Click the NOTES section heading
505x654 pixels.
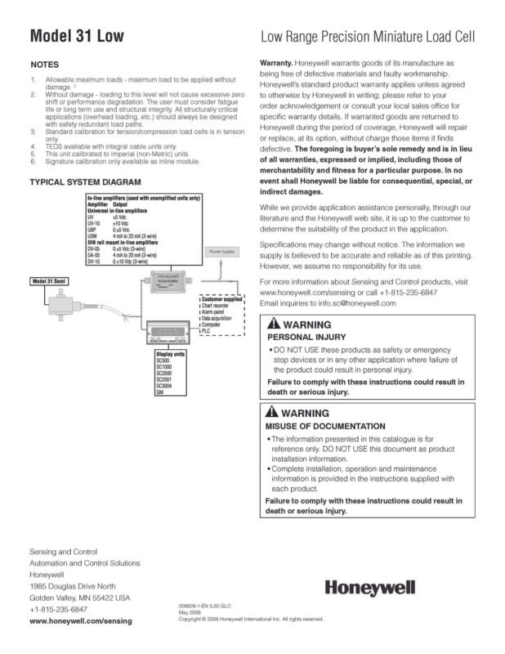pos(43,64)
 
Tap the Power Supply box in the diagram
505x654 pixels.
pos(221,252)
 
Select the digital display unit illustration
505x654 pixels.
pos(170,334)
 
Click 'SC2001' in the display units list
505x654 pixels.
pos(164,379)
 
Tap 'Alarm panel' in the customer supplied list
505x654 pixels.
pos(216,311)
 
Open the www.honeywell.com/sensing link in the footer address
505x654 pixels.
pos(79,621)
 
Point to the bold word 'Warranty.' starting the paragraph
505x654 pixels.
pos(276,62)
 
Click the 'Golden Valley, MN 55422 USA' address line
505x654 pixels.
pos(79,598)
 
